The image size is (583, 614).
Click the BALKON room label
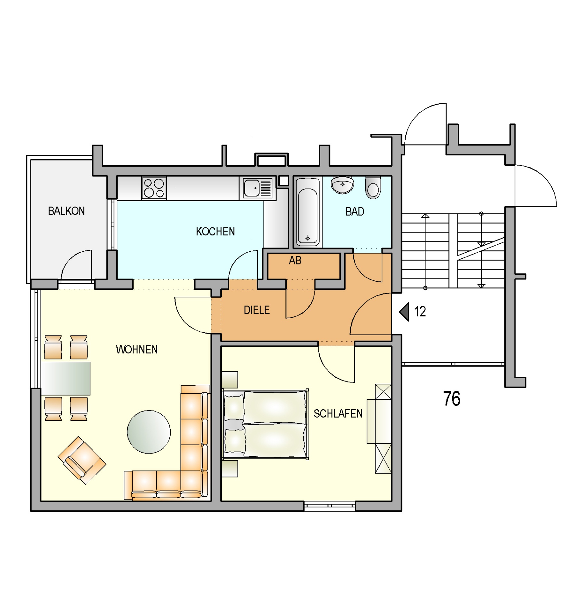pyautogui.click(x=66, y=211)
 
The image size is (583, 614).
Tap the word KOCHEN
pyautogui.click(x=215, y=232)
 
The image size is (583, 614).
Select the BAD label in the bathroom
pyautogui.click(x=355, y=212)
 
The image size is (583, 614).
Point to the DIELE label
pyautogui.click(x=257, y=310)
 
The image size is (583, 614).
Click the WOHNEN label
pyautogui.click(x=137, y=350)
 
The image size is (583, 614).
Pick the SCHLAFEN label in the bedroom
pyautogui.click(x=338, y=414)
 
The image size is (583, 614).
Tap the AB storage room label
pyautogui.click(x=295, y=261)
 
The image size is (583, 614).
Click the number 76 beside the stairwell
pyautogui.click(x=452, y=399)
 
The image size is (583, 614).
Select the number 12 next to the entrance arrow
pyautogui.click(x=420, y=311)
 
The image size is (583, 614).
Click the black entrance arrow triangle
pyautogui.click(x=405, y=312)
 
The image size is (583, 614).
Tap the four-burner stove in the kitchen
pyautogui.click(x=154, y=188)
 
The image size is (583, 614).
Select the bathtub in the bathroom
pyautogui.click(x=308, y=212)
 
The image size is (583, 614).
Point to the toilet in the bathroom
pyautogui.click(x=373, y=188)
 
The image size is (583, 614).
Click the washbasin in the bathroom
pyautogui.click(x=342, y=185)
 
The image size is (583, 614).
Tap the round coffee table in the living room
pyautogui.click(x=149, y=432)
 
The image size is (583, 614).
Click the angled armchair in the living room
pyautogui.click(x=82, y=460)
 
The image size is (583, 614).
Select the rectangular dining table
pyautogui.click(x=66, y=379)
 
